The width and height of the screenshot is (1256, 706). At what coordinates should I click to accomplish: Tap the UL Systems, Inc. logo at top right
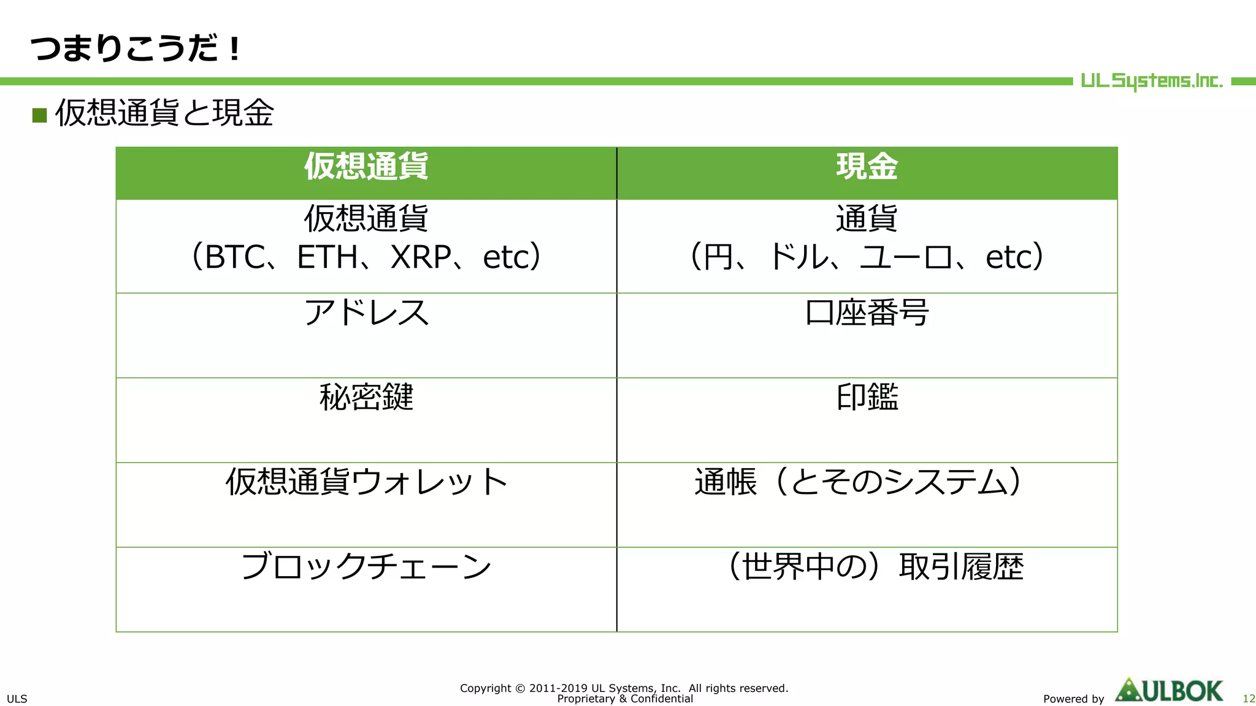(x=1151, y=81)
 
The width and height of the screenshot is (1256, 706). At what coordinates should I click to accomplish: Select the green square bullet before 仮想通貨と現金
(x=40, y=115)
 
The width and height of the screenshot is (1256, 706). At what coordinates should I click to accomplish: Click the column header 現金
(x=867, y=167)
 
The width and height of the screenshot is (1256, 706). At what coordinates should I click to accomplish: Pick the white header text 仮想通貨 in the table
(x=366, y=167)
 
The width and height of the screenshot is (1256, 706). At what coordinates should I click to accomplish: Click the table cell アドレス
(x=366, y=313)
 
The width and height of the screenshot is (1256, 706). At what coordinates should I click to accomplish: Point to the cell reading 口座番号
(x=867, y=313)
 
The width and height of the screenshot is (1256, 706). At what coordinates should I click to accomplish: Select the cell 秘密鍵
(x=366, y=397)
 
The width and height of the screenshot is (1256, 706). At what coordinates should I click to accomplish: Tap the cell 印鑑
(x=867, y=397)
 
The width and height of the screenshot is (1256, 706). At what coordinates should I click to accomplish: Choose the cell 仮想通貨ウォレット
(x=366, y=482)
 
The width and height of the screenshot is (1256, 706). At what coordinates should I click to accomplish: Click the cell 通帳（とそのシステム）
(x=859, y=482)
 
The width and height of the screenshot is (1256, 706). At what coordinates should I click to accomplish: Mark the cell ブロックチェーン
(x=366, y=566)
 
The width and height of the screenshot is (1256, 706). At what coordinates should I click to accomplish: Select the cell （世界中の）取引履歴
(x=874, y=566)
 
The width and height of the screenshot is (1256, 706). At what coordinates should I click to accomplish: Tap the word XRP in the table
(x=421, y=257)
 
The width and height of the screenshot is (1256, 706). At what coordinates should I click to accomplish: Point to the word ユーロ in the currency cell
(x=906, y=257)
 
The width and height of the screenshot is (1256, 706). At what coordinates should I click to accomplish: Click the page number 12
(x=1249, y=699)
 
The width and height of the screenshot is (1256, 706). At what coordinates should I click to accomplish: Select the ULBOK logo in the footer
(x=1169, y=691)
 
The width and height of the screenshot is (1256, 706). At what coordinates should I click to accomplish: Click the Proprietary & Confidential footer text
(x=625, y=699)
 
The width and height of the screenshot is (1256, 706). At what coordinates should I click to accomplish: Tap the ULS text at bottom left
(x=17, y=699)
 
